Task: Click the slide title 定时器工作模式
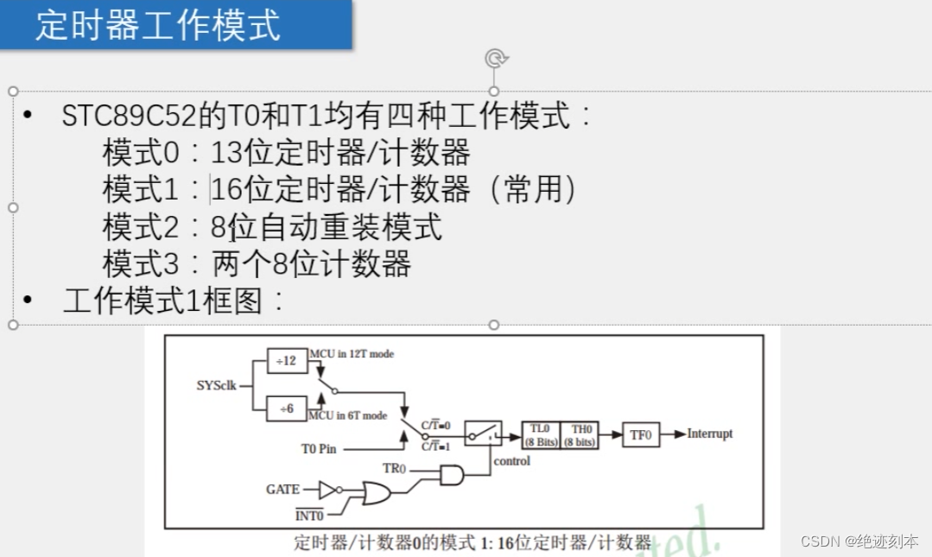coord(158,25)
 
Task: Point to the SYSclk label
coord(216,385)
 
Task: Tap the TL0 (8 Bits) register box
coord(541,434)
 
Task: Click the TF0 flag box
coord(640,434)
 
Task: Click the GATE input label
coord(282,490)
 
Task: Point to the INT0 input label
coord(308,516)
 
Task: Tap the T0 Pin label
coord(318,448)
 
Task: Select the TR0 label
coord(394,468)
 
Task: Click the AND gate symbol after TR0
coord(451,475)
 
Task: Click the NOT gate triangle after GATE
coord(327,490)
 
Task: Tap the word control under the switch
coord(511,461)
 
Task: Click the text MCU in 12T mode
coord(351,354)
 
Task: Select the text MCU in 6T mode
coord(347,415)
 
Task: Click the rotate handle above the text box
coord(495,58)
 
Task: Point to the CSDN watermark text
coord(859,541)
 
